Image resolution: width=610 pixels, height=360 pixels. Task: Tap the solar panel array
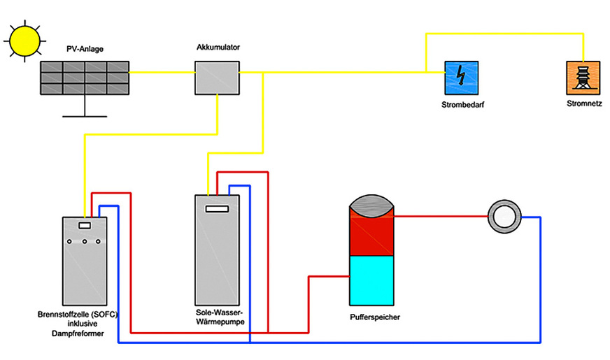point(84,78)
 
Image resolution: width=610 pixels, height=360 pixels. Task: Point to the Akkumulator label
point(218,48)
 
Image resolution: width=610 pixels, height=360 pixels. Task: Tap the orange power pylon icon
point(583,78)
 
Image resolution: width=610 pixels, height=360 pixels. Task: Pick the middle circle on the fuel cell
point(84,242)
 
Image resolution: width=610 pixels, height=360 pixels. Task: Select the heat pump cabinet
point(217,252)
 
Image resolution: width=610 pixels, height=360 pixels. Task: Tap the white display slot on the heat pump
point(217,208)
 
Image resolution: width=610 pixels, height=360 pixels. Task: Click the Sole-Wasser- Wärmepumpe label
point(217,319)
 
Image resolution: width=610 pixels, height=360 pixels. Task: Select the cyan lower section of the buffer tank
point(372,280)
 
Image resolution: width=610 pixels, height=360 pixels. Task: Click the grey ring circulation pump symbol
point(502,217)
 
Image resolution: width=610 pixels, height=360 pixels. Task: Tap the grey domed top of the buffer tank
point(372,206)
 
